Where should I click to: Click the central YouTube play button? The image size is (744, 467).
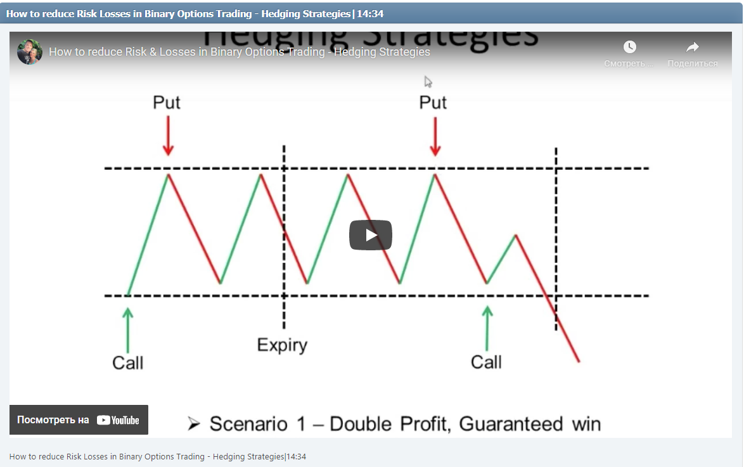coord(371,235)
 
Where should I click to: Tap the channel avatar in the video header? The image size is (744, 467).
coord(30,52)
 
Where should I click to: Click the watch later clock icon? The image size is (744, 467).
coord(629,47)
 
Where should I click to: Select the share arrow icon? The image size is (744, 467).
coord(693,47)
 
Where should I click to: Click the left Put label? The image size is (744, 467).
coord(167,102)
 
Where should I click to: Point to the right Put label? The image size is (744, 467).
coord(433,102)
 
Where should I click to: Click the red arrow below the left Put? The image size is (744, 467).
coord(167,136)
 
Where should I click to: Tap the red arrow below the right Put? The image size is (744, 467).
coord(435,136)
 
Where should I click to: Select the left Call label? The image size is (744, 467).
coord(128,362)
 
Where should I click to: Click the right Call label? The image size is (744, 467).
coord(486,362)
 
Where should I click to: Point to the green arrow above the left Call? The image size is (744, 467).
coord(128,329)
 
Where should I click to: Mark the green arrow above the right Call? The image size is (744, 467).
coord(487,328)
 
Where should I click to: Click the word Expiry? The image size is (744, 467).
coord(282,345)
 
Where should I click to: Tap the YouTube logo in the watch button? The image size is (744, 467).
coord(118,420)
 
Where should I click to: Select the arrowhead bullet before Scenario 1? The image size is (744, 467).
coord(194,423)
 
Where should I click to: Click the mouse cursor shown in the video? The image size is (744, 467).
coord(428,82)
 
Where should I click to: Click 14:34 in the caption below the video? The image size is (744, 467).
coord(296,456)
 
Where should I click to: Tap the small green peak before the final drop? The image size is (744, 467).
coord(516,236)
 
